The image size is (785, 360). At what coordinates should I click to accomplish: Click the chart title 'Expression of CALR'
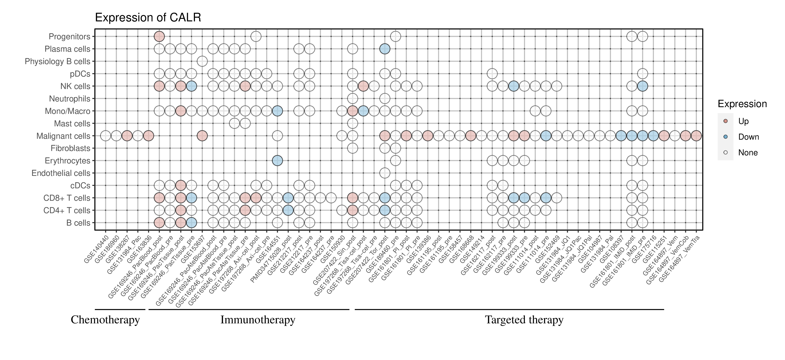pos(148,18)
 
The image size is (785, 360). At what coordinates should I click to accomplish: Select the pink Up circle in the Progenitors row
pos(159,37)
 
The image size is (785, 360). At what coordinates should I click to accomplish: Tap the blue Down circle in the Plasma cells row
pos(385,49)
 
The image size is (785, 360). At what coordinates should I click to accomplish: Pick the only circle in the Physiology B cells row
pos(202,61)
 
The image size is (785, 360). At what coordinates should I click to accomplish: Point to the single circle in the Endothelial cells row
pos(385,173)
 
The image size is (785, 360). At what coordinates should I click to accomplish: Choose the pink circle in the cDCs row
pos(181,185)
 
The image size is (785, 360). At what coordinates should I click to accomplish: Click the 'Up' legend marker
pos(725,121)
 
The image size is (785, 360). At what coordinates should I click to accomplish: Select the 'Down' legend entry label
pos(748,137)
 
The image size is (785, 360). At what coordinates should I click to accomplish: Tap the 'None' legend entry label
pos(748,153)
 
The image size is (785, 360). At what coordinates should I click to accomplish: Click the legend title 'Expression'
pos(742,104)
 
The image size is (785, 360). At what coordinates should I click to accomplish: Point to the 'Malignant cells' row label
pos(63,136)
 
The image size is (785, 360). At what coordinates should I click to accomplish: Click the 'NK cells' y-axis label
pos(75,86)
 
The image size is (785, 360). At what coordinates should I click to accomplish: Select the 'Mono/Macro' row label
pos(67,111)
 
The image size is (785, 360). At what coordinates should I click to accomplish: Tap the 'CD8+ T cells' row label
pos(67,198)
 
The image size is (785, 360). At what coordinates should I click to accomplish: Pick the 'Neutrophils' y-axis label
pos(70,99)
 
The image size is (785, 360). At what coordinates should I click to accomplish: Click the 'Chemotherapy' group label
pos(105,320)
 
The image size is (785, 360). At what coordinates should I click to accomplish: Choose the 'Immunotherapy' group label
pos(258,320)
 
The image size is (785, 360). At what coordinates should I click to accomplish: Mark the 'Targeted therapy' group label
pos(524,320)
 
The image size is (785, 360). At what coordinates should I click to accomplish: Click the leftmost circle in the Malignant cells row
pos(106,136)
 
